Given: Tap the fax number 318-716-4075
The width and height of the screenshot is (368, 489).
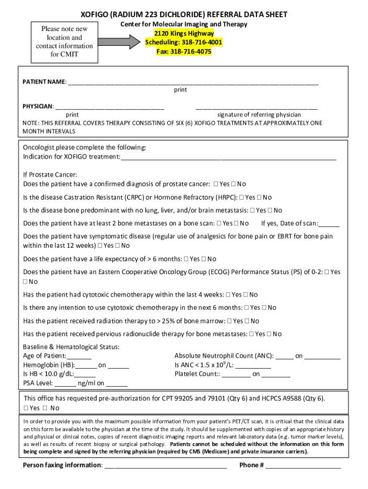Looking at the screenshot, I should (184, 52).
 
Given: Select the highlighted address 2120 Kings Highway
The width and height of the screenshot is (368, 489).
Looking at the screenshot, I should (184, 33).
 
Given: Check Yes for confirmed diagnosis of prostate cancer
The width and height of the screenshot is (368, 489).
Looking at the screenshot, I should (216, 184).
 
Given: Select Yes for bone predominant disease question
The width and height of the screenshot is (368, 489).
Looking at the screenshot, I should (253, 211).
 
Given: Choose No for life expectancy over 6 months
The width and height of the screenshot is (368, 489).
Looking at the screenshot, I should (204, 259).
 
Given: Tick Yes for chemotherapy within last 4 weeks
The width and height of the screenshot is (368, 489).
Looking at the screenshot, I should (228, 295).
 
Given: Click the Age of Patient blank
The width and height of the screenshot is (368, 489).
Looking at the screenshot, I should (79, 356).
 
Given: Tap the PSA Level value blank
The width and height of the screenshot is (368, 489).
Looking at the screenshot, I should (65, 383).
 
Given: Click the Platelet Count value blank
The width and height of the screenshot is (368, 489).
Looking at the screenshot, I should (236, 374).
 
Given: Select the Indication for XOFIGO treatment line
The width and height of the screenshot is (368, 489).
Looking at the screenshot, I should (228, 157).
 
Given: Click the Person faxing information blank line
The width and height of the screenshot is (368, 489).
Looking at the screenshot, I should (165, 466).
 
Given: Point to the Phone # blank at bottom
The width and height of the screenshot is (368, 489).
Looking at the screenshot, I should (303, 466).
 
